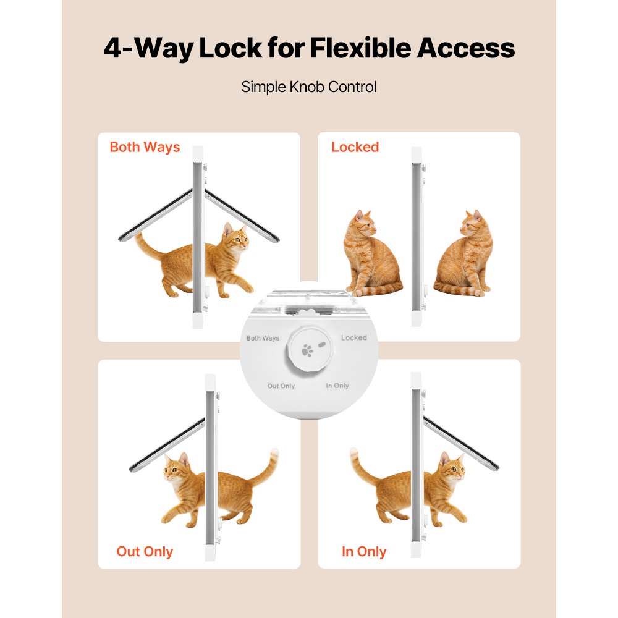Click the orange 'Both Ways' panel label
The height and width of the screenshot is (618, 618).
point(145,147)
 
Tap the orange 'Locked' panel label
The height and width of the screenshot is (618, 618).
point(355,147)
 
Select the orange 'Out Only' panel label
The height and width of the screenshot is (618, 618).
point(145,551)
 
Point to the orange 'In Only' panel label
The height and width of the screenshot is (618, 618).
point(364,551)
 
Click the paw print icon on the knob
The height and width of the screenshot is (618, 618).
point(307,350)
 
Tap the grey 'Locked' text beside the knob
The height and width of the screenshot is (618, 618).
point(353,337)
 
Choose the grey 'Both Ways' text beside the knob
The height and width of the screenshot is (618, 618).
point(263,338)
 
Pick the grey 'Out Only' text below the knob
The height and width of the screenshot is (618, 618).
point(281,386)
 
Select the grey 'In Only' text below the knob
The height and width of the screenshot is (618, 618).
point(337,386)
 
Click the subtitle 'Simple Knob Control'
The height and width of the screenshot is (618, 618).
point(309,87)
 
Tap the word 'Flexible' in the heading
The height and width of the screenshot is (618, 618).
point(371,48)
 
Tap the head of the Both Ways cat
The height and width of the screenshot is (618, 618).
point(235,238)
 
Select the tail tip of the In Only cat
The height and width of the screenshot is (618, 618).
point(354,454)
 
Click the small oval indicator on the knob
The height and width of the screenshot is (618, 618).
point(322,342)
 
